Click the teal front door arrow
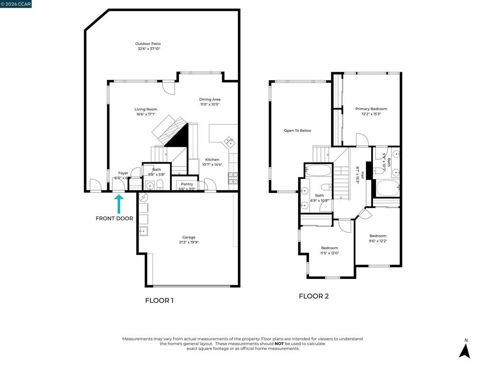tap(119, 203)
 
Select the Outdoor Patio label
tap(149, 44)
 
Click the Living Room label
tap(146, 109)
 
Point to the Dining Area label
tap(210, 99)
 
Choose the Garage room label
tap(189, 237)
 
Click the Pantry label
tap(187, 184)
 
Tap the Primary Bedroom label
tap(371, 109)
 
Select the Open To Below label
tap(298, 130)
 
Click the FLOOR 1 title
tap(159, 300)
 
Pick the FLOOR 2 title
tap(314, 296)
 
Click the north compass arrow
tap(465, 350)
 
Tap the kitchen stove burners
tap(233, 178)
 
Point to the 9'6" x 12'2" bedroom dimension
tap(378, 241)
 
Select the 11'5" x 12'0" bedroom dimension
tap(329, 253)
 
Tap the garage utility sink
tap(143, 231)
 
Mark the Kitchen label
tap(212, 160)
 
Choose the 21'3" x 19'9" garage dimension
tap(189, 242)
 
